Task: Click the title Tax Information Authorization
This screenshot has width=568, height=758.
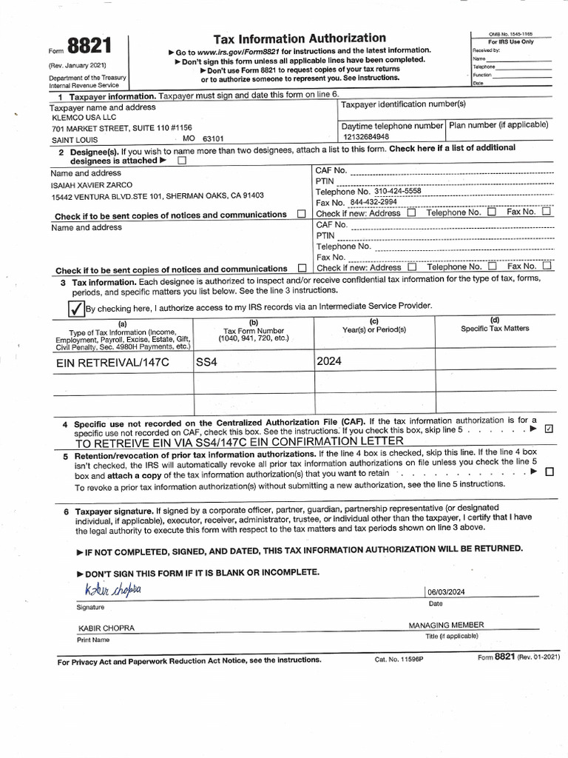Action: point(300,38)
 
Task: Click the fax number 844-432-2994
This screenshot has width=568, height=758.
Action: point(373,201)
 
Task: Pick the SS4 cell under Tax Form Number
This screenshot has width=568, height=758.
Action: point(209,363)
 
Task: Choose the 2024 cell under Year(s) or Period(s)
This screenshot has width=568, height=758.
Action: point(328,362)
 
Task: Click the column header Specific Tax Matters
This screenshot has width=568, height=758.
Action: point(495,328)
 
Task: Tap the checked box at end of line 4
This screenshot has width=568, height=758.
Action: point(548,429)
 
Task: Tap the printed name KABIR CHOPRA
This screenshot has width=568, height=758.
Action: point(106,628)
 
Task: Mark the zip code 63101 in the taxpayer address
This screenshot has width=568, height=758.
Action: point(213,138)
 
